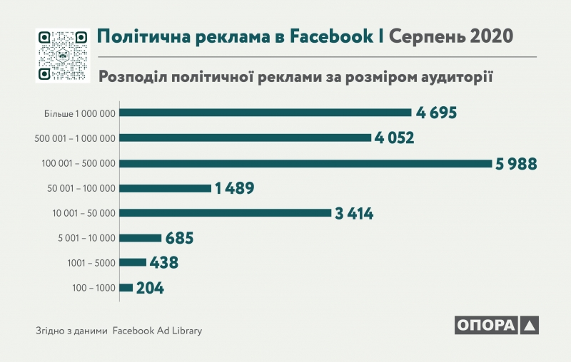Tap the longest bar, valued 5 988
point(306,163)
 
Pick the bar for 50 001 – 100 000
point(166,188)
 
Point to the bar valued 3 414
point(226,212)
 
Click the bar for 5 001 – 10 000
point(141,238)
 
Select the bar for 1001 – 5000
point(133,262)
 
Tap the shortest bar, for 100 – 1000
point(126,288)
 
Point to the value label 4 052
point(395,138)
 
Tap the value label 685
point(179,238)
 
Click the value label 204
point(150,288)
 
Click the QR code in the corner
point(62,56)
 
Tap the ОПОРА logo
point(496,325)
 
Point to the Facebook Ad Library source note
point(158,331)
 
